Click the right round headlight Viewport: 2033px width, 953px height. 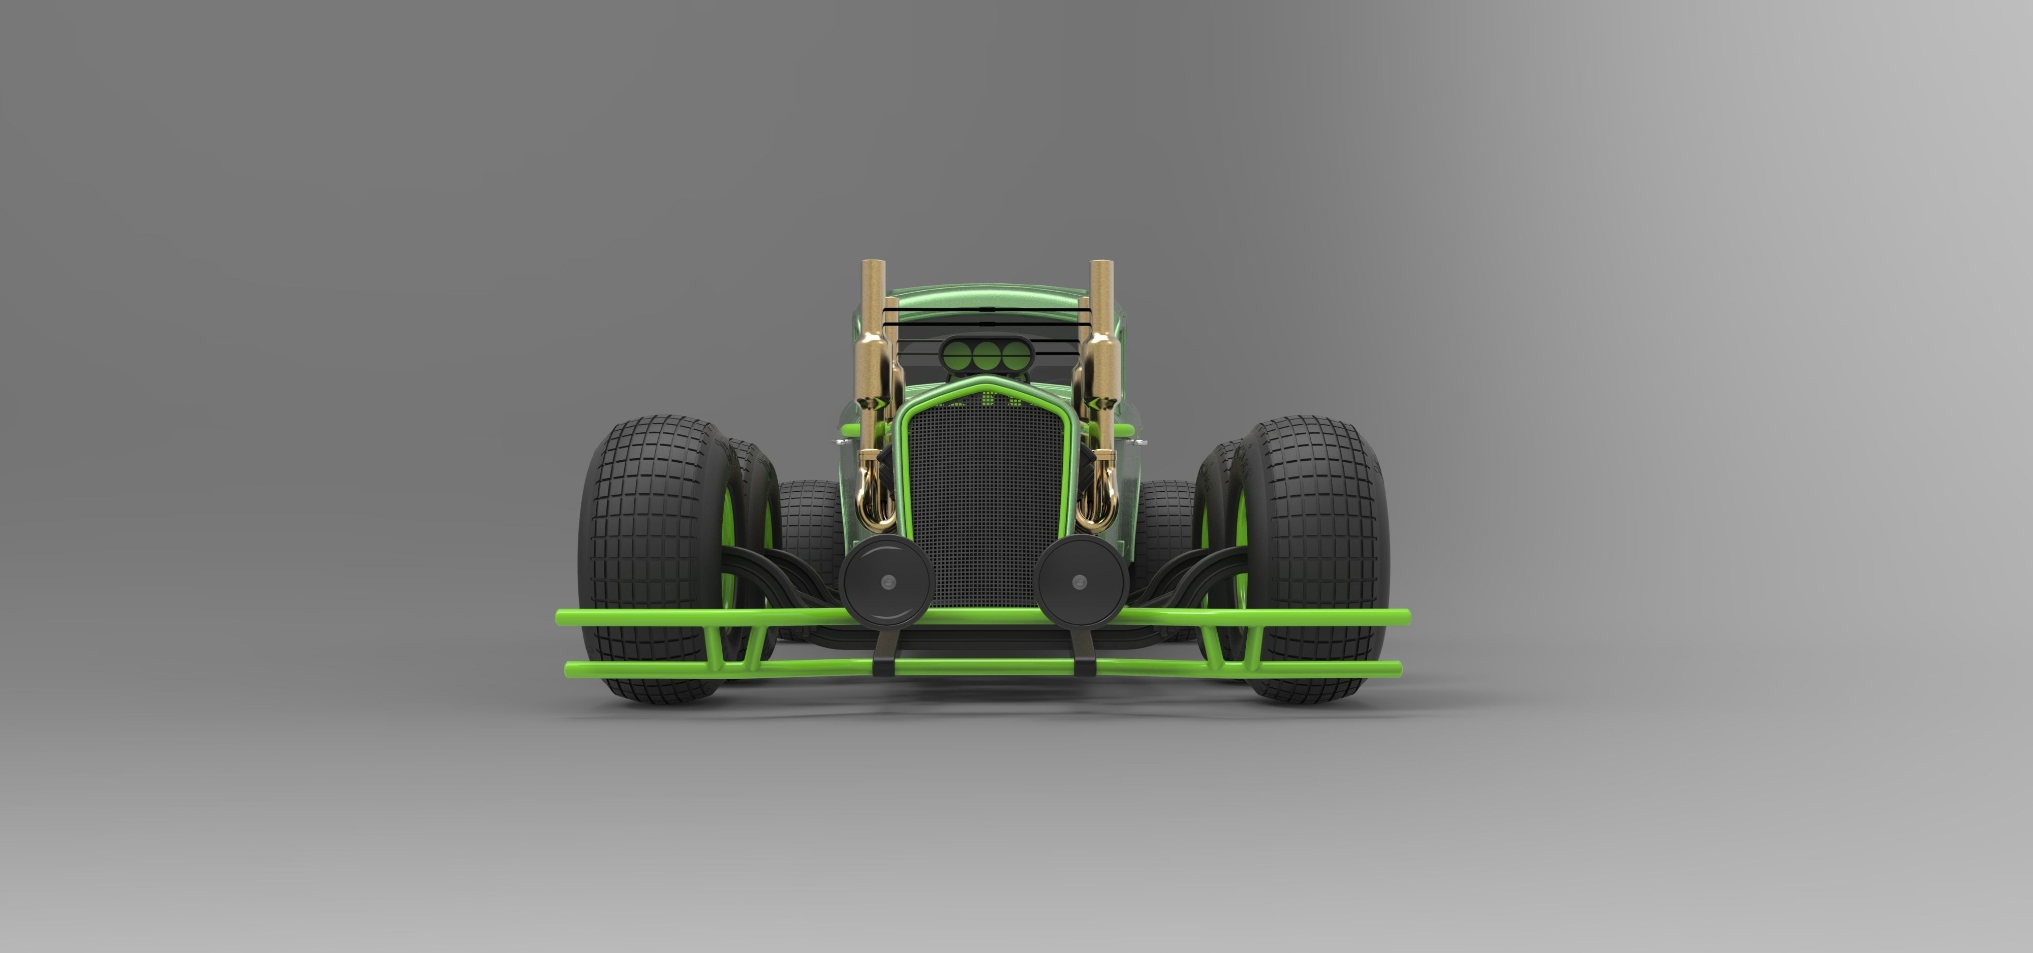pyautogui.click(x=1081, y=582)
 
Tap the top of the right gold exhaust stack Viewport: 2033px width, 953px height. pyautogui.click(x=1102, y=264)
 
